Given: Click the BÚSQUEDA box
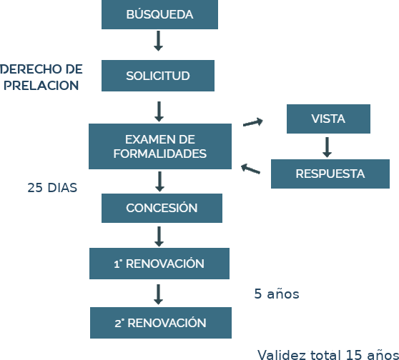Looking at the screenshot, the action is tap(159, 14).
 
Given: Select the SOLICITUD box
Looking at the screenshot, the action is tap(158, 76).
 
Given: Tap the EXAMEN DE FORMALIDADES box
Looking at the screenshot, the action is tap(160, 146).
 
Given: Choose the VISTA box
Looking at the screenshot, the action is tap(328, 119).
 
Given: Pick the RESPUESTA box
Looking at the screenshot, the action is tap(330, 174).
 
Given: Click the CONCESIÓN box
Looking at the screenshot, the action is tap(162, 209).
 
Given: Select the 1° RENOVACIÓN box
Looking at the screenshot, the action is tap(159, 264).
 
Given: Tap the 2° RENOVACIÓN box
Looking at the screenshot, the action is tap(161, 323).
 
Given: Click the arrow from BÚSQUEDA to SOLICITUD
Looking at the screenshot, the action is tap(158, 41).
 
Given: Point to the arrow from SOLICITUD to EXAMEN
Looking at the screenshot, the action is tap(159, 111).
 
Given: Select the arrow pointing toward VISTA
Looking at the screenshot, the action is tap(253, 123).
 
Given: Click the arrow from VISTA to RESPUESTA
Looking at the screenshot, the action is tap(327, 147).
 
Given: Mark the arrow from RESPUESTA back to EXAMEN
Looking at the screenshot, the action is tap(250, 169).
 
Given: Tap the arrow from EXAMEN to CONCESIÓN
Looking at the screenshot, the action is tap(159, 181).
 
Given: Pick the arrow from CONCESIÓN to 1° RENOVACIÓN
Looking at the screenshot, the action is tap(159, 236).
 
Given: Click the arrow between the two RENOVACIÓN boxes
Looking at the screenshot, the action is tap(158, 294).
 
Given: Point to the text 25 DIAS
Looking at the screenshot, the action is tap(52, 188).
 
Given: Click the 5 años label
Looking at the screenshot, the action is tap(277, 294).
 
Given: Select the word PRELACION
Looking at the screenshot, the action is tap(41, 86).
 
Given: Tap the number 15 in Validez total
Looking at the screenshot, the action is tap(353, 355).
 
